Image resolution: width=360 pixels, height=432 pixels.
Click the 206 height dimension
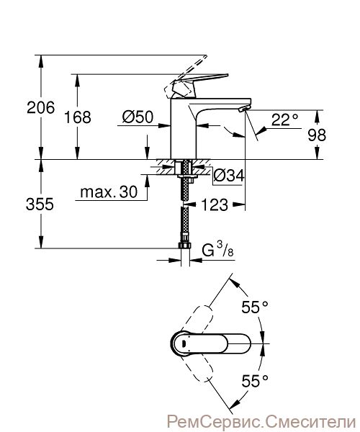(41, 107)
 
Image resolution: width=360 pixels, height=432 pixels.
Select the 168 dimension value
(77, 117)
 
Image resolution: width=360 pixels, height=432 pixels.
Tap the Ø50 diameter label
(138, 117)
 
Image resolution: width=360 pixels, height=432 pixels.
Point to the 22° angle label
(285, 120)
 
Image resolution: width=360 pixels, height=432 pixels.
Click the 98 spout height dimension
(317, 135)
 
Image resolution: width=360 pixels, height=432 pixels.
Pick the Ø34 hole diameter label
(229, 175)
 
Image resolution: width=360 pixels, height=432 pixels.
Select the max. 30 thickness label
(109, 192)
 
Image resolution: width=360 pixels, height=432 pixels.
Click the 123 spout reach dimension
(215, 204)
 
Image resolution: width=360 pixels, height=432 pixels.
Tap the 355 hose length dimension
(40, 204)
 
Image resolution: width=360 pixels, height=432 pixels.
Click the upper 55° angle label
(255, 307)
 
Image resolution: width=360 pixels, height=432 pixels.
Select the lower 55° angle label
(255, 382)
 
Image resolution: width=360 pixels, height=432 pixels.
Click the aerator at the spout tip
(244, 109)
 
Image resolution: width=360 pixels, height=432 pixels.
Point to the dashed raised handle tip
(205, 57)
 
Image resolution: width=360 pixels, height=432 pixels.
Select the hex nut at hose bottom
(185, 246)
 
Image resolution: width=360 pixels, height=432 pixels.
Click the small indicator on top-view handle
(184, 343)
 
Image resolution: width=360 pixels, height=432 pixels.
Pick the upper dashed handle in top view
(198, 318)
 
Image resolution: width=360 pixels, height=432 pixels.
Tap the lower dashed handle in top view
(198, 368)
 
